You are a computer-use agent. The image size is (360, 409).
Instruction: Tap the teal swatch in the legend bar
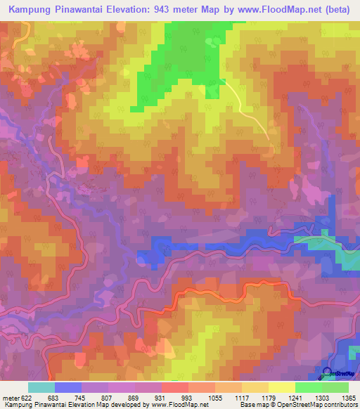pos(41,387)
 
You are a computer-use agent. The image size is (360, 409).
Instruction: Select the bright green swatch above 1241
pos(307,387)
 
